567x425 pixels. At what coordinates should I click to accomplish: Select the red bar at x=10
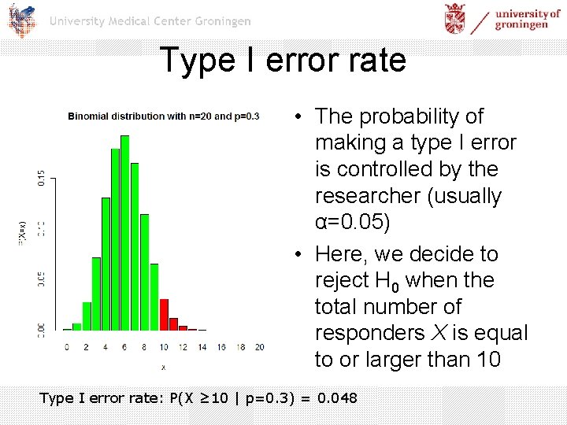[164, 314]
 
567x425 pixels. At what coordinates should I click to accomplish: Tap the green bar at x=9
[154, 283]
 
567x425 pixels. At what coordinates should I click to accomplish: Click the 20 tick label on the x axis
[259, 346]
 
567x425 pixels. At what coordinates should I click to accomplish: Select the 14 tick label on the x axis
[202, 346]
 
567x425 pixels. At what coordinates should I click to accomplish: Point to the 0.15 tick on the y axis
[41, 178]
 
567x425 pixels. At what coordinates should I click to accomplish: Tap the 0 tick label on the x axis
[67, 346]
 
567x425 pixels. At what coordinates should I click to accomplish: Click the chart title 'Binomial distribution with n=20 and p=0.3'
[164, 116]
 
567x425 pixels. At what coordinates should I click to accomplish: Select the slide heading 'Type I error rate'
[283, 60]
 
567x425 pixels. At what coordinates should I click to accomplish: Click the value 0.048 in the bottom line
[337, 398]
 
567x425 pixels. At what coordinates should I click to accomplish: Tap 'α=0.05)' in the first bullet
[352, 222]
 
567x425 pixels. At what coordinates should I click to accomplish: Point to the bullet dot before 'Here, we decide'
[302, 254]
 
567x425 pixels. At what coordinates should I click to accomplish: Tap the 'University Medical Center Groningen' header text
[150, 21]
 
